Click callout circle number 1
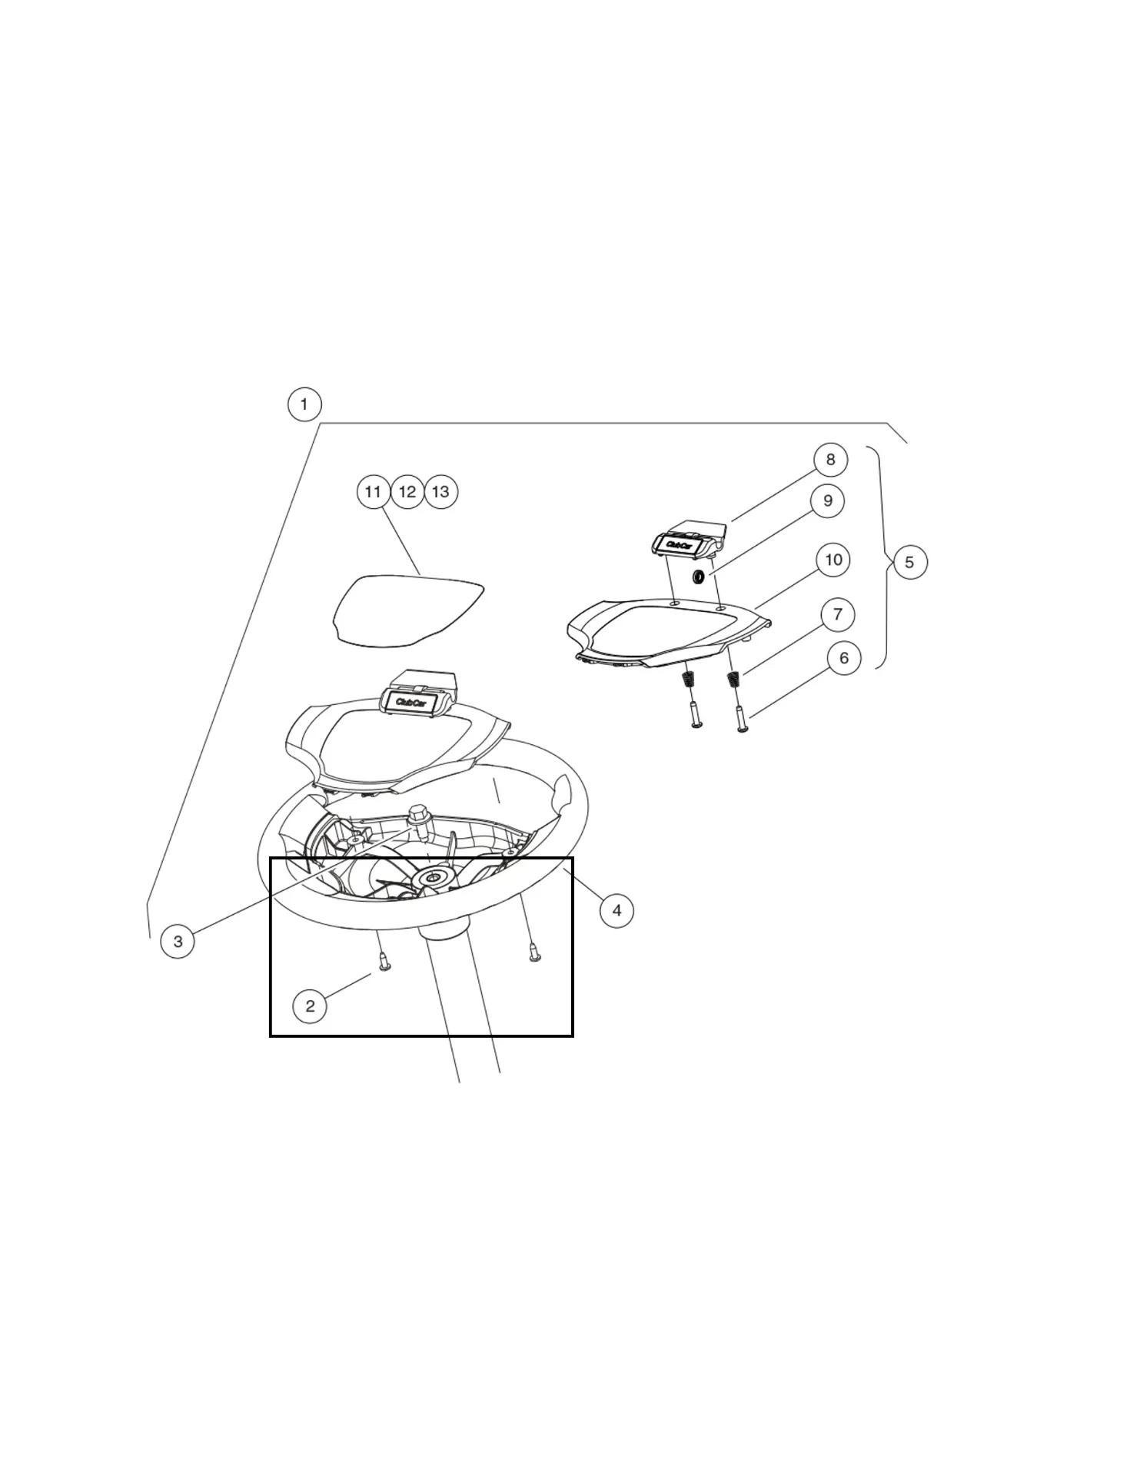click(x=304, y=404)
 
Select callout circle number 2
click(x=310, y=1006)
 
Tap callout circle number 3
click(x=178, y=942)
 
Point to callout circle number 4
click(x=617, y=911)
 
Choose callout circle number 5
click(x=910, y=563)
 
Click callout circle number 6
click(x=844, y=659)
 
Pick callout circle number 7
click(x=838, y=615)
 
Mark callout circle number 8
click(x=830, y=460)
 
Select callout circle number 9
click(x=828, y=501)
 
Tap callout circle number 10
click(x=833, y=560)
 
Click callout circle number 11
click(x=374, y=492)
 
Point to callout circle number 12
click(x=407, y=492)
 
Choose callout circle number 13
click(x=441, y=492)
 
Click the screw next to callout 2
click(x=385, y=961)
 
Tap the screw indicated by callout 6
click(x=742, y=720)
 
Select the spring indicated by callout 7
click(x=733, y=680)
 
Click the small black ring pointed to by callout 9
click(x=699, y=577)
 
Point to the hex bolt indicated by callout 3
click(x=419, y=816)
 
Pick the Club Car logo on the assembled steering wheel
click(x=410, y=703)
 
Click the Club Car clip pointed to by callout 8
click(x=688, y=540)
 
